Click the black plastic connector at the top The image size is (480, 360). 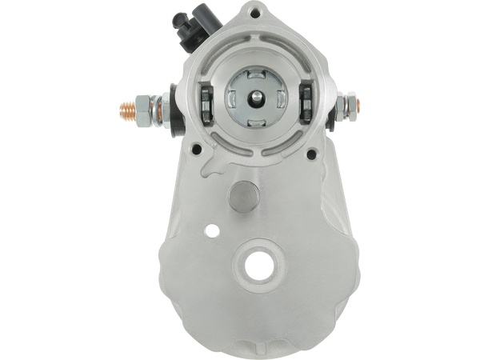185,30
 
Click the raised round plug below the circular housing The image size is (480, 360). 241,197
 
